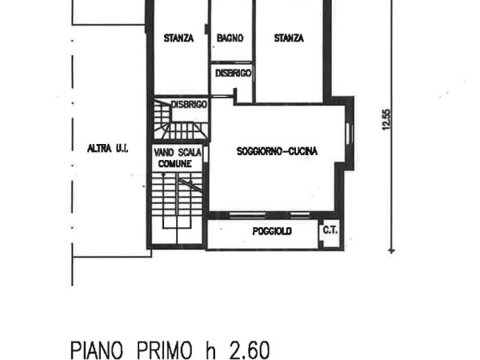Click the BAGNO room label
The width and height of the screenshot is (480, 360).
(230, 38)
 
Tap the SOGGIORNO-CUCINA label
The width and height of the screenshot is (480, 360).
(277, 151)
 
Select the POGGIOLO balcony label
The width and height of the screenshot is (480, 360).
(272, 231)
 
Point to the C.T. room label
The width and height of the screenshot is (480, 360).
(330, 230)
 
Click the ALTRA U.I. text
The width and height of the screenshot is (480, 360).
(107, 149)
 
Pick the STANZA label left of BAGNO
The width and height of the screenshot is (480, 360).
(178, 38)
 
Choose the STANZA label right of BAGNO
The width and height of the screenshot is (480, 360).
(289, 38)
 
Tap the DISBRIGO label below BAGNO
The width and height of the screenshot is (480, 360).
(234, 73)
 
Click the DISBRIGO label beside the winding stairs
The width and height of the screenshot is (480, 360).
(189, 105)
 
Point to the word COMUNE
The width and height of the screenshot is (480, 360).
(175, 164)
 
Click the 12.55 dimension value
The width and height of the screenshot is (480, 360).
(386, 120)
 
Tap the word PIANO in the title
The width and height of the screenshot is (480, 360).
(97, 350)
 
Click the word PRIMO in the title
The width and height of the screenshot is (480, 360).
(165, 350)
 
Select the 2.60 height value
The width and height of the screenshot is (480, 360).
(250, 350)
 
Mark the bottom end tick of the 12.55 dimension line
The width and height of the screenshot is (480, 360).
(392, 251)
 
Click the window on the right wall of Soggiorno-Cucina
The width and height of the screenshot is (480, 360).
(350, 133)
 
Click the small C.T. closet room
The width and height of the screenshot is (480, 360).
(331, 234)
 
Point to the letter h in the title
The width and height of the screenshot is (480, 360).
(210, 350)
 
